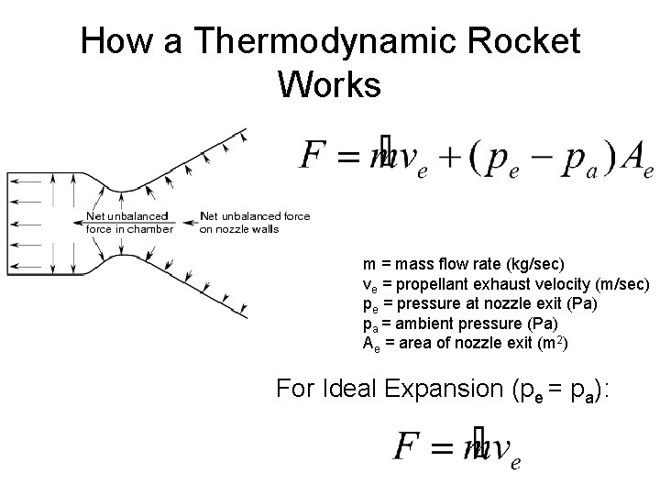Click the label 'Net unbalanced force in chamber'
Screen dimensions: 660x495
pyautogui.click(x=128, y=223)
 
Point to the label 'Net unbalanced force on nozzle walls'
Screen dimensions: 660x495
pyautogui.click(x=254, y=223)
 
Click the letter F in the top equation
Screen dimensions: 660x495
pyautogui.click(x=314, y=157)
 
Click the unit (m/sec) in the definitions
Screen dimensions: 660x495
pyautogui.click(x=619, y=285)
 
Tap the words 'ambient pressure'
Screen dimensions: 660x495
pyautogui.click(x=438, y=324)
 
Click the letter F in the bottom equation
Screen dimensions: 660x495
pyautogui.click(x=406, y=446)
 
